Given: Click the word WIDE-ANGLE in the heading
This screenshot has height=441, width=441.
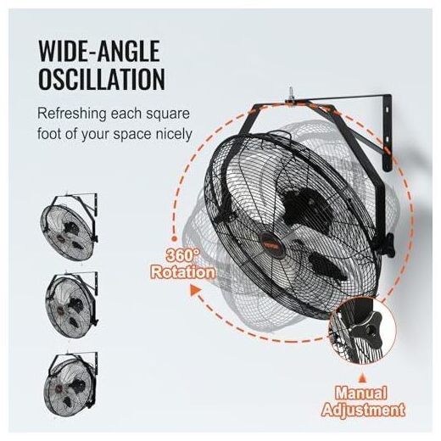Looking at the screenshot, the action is pyautogui.click(x=99, y=51).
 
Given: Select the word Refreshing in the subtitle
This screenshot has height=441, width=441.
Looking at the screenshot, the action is pyautogui.click(x=72, y=114).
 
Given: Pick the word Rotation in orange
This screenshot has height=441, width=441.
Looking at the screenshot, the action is pyautogui.click(x=183, y=272).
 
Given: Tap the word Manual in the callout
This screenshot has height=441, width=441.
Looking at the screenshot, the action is pyautogui.click(x=361, y=393).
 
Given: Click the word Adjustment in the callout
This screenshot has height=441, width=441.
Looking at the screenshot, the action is pyautogui.click(x=364, y=409).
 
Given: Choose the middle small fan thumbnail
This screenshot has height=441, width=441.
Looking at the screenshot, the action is pyautogui.click(x=71, y=304).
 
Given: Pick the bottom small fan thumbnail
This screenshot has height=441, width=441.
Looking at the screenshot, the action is pyautogui.click(x=71, y=384).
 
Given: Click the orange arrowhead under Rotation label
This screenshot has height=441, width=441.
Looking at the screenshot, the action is pyautogui.click(x=195, y=291).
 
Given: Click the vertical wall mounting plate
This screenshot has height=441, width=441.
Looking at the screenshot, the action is pyautogui.click(x=387, y=132).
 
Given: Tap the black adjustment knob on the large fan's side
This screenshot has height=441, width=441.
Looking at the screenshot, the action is pyautogui.click(x=388, y=245).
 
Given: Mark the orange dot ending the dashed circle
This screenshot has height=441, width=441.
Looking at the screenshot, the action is pyautogui.click(x=175, y=239).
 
